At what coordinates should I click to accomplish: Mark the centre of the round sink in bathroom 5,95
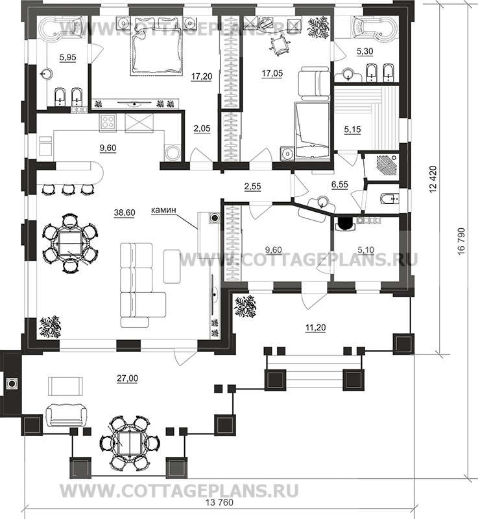pos(47,74)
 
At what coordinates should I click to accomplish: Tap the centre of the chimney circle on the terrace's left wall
pos(12,384)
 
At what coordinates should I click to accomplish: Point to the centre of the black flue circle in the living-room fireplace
pos(215,218)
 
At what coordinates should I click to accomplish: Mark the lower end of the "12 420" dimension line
pos(440,354)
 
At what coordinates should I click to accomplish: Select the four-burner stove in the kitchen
pos(108,122)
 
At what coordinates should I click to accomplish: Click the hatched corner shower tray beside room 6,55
pos(387,164)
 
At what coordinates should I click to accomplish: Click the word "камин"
pos(163,210)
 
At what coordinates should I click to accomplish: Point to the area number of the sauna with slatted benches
pos(352,130)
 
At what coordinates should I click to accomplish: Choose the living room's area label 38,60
pos(125,213)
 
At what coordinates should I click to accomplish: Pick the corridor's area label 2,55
pos(252,187)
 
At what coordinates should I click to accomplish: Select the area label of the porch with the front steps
pos(315,328)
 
